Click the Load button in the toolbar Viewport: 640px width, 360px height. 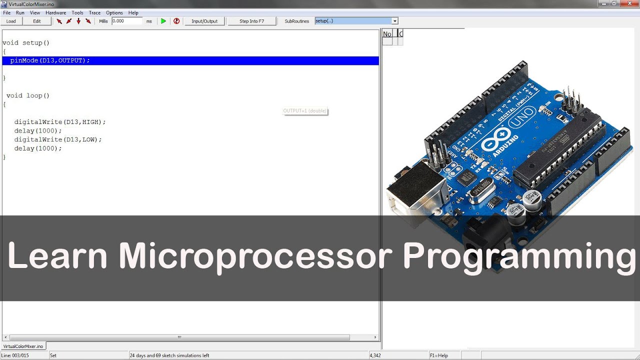coord(11,21)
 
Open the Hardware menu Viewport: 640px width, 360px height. coord(55,12)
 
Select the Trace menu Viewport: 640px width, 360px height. coord(94,12)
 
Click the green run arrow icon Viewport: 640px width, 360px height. coord(163,21)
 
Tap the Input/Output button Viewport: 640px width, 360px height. coord(204,21)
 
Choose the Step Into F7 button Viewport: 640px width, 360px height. coord(251,21)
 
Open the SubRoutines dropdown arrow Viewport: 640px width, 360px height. coord(394,21)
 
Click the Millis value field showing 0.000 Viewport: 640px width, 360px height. coord(126,21)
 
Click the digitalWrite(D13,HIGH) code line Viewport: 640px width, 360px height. coord(60,122)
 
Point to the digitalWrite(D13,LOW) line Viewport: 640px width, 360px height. coord(58,139)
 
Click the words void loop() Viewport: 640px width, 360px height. coord(28,95)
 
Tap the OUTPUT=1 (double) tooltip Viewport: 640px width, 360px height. coord(305,111)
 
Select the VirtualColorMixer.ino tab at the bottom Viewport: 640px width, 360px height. coord(23,346)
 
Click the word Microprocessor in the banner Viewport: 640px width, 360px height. coord(255,256)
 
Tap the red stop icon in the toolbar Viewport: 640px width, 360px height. coord(176,21)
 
